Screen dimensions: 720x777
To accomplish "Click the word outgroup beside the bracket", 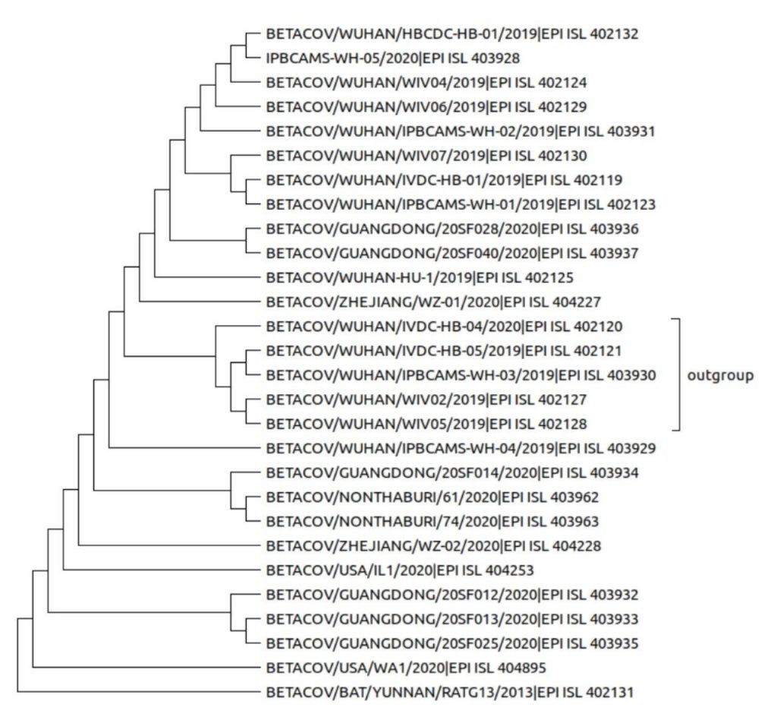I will (x=720, y=375).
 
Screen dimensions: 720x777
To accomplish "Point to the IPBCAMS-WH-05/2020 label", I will (x=392, y=58).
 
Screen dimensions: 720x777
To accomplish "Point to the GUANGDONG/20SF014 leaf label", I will (x=452, y=473).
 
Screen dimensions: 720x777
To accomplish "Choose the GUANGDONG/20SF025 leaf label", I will (x=452, y=644).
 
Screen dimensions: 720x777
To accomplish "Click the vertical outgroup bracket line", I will (x=681, y=375).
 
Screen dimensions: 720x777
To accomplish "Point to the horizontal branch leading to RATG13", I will (x=137, y=693).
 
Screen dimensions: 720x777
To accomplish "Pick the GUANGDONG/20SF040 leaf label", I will (x=452, y=253).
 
